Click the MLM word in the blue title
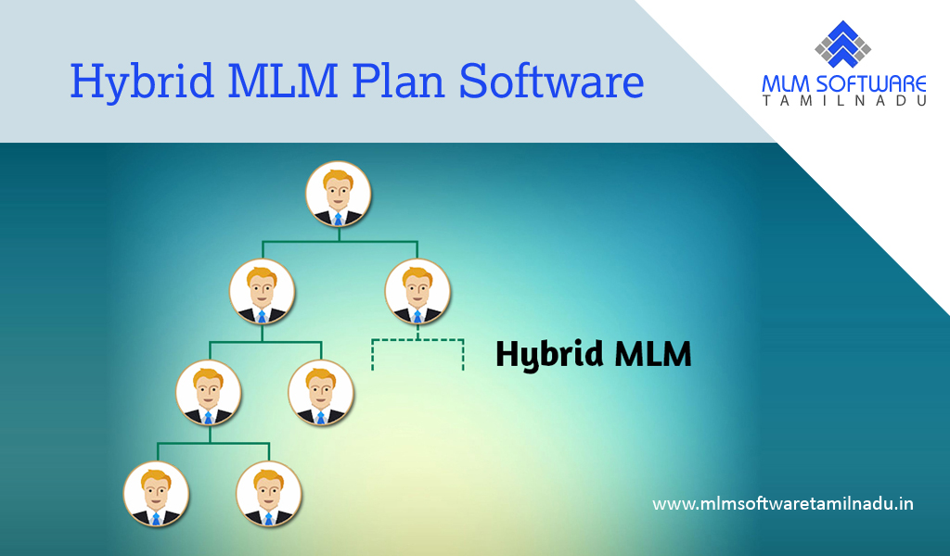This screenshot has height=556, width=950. pos(284,80)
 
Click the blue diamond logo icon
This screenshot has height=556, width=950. pos(842,44)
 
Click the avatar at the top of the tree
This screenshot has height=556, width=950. pos(338,195)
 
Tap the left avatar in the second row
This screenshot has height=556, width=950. pos(262,292)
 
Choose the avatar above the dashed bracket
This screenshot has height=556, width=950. pos(417,292)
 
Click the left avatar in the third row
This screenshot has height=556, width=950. pos(209,393)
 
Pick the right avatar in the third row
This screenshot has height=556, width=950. pos(320,393)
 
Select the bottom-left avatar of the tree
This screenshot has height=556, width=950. pos(156,494)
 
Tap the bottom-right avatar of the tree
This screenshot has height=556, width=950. pos(268,494)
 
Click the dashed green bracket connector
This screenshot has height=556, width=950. pos(417,340)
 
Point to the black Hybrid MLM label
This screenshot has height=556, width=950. pos(594,355)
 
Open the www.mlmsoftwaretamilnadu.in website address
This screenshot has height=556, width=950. pos(783,503)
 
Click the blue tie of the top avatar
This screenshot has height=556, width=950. pos(338,219)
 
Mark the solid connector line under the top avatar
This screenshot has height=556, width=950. pos(340,242)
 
